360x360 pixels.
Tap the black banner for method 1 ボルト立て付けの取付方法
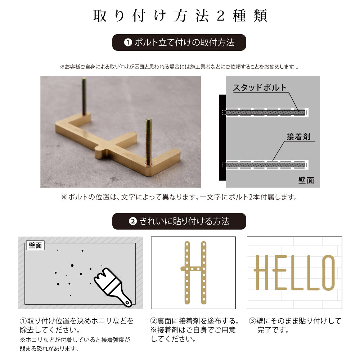pos(179,42)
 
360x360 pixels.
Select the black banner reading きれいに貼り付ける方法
pos(179,221)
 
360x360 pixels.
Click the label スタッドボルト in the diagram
pos(260,87)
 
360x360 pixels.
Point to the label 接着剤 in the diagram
pos(298,136)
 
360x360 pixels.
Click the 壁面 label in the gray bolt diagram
pos(306,180)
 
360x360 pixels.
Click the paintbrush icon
pos(113,287)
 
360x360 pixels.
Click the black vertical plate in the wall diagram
pos(222,138)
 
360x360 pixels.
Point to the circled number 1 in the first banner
pos(127,42)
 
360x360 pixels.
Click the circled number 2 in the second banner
pos(132,221)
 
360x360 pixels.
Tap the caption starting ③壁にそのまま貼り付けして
pos(294,325)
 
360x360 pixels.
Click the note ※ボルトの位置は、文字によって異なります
pos(179,197)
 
